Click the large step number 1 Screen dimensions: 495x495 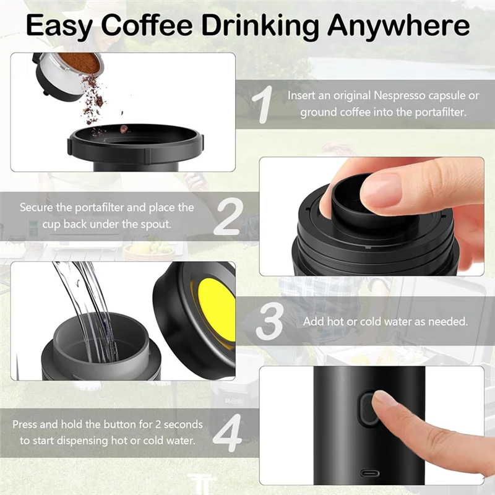264,103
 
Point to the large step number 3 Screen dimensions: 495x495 270,321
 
